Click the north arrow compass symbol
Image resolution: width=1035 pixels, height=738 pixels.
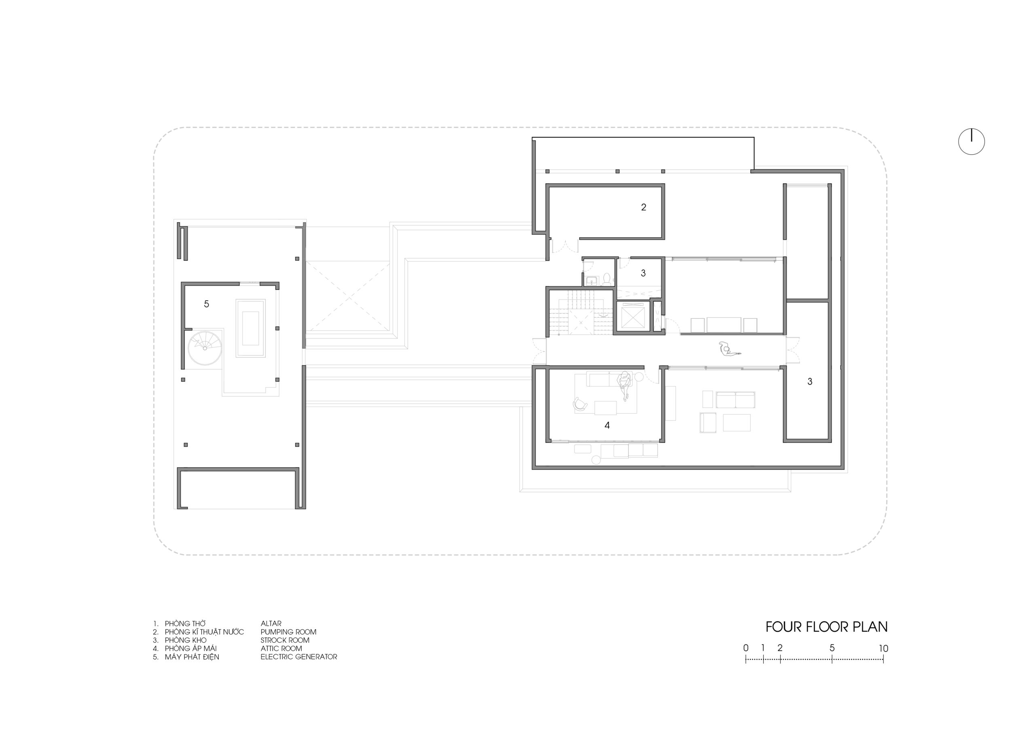(972, 142)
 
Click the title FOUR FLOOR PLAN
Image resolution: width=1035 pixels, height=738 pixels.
(826, 627)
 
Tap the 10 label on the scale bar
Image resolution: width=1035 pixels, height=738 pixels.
(883, 648)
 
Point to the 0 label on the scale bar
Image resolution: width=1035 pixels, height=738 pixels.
(746, 648)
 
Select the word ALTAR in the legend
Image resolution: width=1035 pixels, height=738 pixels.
(271, 624)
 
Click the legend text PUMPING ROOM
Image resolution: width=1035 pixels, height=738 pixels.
(288, 632)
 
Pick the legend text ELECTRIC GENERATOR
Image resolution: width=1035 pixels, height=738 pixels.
(299, 657)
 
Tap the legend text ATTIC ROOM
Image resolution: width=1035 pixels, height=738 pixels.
(281, 648)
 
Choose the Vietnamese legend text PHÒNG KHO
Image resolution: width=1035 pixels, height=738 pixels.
(186, 640)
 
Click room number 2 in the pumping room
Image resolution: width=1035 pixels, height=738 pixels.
(644, 207)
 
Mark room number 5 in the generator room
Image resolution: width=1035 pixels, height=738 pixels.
(207, 304)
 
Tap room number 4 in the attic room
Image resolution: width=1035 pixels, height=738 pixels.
(607, 425)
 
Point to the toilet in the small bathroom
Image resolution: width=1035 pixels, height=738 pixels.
(606, 280)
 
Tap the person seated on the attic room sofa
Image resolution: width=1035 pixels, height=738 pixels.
(625, 385)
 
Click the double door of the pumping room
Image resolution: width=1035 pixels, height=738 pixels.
(565, 246)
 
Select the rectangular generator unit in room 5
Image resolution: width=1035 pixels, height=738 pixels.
(250, 328)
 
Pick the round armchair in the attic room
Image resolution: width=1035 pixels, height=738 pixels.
(580, 404)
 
